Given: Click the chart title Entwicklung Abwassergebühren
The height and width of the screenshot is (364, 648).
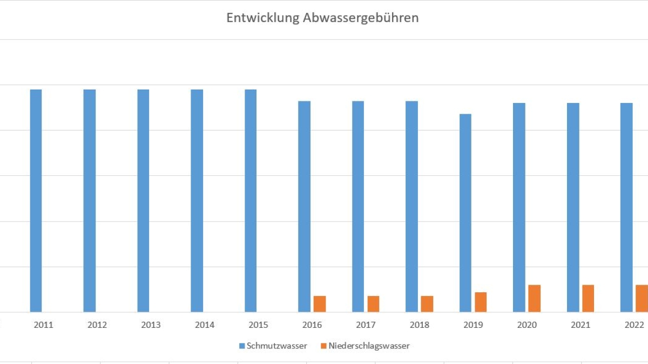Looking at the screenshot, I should pos(322,18).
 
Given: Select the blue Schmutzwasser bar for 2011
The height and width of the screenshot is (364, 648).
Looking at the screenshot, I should pos(36,201).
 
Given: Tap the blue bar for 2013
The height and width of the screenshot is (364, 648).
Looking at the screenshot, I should pos(143,201).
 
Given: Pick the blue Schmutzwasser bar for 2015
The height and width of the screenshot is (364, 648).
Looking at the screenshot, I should pos(251,201).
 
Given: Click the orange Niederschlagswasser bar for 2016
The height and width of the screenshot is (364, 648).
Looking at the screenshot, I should pos(320,304).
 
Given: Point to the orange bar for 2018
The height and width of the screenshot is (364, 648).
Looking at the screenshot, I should pos(427,304).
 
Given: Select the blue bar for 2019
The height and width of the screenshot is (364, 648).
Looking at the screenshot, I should pos(465,213).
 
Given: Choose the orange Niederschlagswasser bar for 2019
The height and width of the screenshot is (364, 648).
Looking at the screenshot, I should pos(481,302).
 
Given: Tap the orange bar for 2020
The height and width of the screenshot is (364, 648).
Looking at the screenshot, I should pos(535,298).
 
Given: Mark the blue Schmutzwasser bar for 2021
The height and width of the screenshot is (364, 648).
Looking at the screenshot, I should pos(573,208).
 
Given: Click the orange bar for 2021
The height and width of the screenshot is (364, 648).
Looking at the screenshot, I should pos(588,298).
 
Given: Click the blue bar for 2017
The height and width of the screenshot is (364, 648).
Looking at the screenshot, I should pos(358,207).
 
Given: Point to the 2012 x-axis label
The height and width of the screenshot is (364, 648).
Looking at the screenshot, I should pos(97,325).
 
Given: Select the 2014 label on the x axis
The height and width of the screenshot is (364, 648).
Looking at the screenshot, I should pos(205,325).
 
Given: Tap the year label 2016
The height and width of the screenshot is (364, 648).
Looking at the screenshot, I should pos(312,325).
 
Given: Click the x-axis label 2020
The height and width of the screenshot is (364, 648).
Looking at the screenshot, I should pos(527,325).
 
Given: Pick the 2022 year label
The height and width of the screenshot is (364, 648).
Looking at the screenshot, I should pos(634,325).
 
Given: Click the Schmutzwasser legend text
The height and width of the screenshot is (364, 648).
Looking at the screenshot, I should pos(277,346).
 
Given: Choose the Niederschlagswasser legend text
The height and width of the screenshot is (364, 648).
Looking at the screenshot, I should pos(369,346).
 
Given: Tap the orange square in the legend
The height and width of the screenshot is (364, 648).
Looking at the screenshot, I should pos(323,346).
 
